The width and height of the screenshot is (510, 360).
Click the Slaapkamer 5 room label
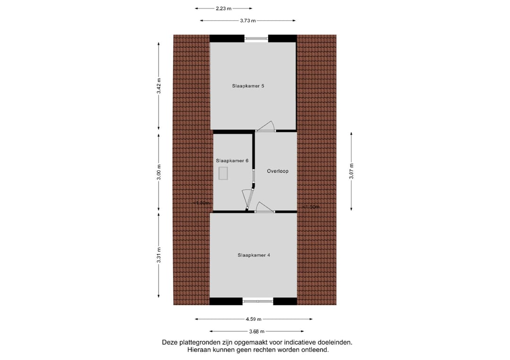[247, 86]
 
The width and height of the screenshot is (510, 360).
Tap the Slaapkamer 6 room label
[232, 160]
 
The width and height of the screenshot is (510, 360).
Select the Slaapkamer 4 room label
[254, 255]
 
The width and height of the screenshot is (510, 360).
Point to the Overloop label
[277, 171]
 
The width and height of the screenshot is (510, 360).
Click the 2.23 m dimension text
[223, 8]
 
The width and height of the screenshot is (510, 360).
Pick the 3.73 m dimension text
[247, 21]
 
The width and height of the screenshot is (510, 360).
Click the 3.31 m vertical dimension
[159, 255]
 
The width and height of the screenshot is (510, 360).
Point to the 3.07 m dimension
[351, 171]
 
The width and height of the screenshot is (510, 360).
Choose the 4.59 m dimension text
[253, 319]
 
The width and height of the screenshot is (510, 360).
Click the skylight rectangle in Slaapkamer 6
[223, 173]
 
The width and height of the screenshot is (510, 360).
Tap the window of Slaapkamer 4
[257, 301]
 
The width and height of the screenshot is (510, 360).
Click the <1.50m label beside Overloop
[311, 207]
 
